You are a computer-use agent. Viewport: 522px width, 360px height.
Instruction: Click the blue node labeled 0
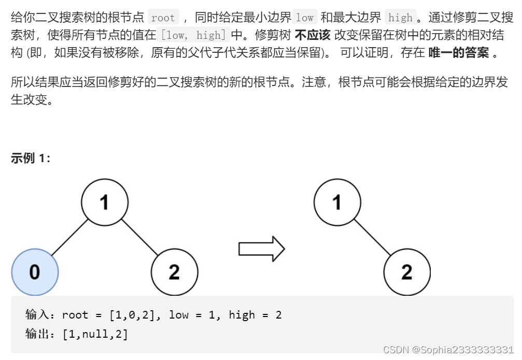pos(35,272)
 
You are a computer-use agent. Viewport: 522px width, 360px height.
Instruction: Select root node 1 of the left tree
pos(105,202)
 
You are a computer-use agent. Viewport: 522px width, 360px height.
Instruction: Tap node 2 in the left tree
pos(174,272)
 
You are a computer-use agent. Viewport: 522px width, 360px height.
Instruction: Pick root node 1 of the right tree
pos(337,202)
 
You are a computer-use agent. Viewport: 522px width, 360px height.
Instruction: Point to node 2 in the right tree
pos(407,272)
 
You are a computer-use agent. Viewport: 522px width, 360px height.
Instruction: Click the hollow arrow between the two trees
pos(261,249)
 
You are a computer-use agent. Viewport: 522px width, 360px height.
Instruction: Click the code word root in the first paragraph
pos(163,18)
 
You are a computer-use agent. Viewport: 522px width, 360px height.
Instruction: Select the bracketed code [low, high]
pos(193,36)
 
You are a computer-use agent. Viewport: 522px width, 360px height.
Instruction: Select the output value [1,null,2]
pos(95,334)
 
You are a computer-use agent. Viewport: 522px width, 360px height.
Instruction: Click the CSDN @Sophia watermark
pos(448,350)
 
